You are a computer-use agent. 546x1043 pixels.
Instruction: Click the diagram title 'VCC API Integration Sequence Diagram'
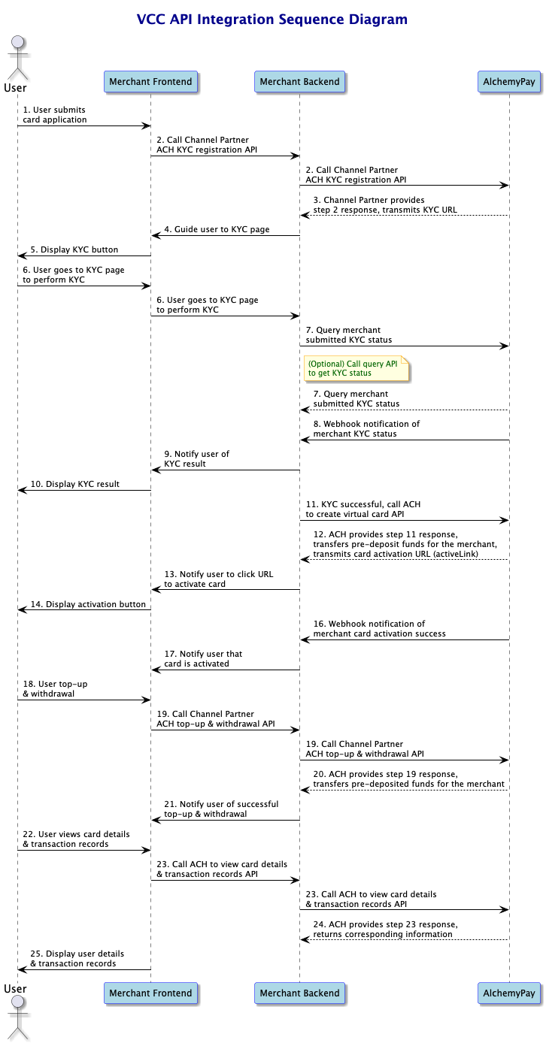272,20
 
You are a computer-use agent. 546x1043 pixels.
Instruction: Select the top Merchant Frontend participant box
150,81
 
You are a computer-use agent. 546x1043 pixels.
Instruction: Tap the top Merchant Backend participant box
299,81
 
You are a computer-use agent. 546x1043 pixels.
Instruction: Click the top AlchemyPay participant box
509,81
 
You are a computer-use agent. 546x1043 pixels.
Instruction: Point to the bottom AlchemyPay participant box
509,993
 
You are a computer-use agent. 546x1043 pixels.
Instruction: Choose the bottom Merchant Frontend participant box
150,993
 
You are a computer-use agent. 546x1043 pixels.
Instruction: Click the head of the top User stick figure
18,42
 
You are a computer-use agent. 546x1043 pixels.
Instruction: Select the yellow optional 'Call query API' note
356,368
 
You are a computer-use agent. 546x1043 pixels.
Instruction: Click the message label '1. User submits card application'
54,114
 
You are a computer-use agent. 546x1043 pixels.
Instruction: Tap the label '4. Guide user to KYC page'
217,229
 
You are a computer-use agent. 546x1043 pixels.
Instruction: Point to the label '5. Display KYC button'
74,249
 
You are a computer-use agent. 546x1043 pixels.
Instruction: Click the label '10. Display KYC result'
75,484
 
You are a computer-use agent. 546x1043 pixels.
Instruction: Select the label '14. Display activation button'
88,604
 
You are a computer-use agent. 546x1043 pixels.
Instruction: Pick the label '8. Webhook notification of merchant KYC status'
366,428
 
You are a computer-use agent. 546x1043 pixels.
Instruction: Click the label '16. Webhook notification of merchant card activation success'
379,629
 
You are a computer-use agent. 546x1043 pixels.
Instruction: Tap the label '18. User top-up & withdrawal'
55,688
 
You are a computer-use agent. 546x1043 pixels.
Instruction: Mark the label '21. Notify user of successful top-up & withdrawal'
221,809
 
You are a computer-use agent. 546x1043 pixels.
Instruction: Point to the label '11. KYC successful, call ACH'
363,504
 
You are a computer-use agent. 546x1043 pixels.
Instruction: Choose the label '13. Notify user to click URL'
219,574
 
